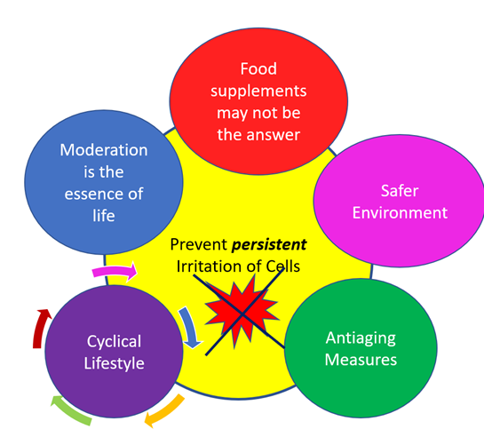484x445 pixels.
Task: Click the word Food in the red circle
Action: coord(258,68)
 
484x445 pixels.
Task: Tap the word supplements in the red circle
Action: coord(258,91)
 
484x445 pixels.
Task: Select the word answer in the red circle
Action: coord(276,135)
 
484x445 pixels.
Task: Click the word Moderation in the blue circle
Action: coord(104,150)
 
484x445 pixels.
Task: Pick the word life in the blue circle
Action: coord(104,215)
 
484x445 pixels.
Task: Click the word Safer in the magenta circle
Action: coord(400,191)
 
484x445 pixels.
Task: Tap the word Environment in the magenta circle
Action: coord(400,213)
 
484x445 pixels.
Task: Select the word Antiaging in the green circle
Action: coord(361,338)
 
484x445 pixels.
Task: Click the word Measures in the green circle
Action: coord(361,360)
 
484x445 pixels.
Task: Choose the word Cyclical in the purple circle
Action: coord(114,342)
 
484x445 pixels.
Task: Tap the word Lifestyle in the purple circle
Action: coord(114,363)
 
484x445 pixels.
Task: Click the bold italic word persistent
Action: coord(269,245)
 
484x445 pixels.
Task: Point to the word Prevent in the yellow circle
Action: coord(198,244)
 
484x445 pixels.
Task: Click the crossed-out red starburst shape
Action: coord(242,312)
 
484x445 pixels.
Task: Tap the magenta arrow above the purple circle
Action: coord(115,271)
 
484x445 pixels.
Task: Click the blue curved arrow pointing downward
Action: coord(189,326)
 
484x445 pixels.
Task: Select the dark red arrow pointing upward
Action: coord(39,328)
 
